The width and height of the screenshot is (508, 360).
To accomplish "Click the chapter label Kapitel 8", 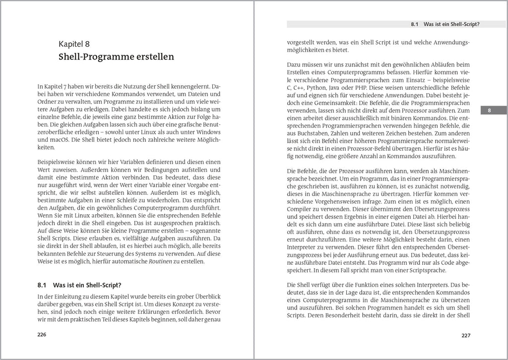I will [x=73, y=44].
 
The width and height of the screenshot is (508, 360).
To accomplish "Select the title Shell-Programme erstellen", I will [x=116, y=57].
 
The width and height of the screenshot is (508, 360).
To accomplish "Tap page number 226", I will [x=42, y=335].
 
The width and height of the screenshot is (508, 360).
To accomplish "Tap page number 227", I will [x=465, y=335].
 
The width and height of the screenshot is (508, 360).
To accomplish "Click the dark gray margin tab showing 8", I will [x=489, y=111].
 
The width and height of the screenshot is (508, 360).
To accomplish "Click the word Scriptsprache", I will [x=408, y=270].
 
